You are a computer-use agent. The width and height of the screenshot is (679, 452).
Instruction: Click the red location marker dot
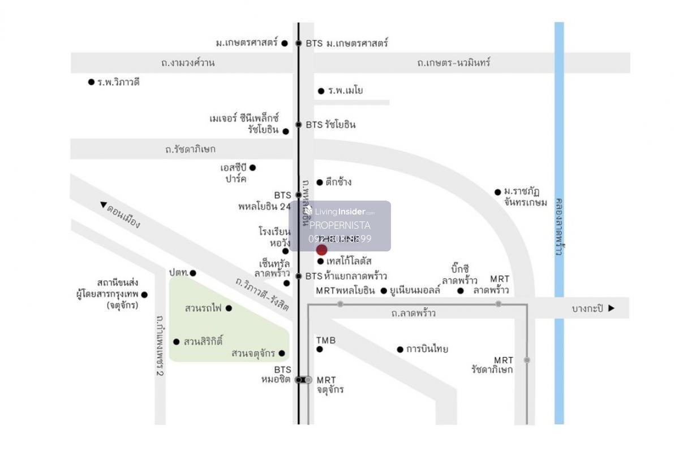[321, 250]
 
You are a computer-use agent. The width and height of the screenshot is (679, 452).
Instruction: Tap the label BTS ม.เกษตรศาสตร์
[347, 44]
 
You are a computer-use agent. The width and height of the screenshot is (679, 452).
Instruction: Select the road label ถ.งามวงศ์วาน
[188, 63]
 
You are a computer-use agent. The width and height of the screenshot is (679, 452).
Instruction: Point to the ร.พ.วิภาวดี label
[118, 82]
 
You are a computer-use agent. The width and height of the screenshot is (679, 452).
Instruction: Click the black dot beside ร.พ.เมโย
[321, 91]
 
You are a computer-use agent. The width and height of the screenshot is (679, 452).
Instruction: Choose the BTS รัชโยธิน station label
[330, 125]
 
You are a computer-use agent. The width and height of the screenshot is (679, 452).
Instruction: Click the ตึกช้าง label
[338, 182]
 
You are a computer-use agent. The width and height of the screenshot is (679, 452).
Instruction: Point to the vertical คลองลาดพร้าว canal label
[559, 226]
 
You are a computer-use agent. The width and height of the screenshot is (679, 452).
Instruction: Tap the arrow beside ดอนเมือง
[103, 205]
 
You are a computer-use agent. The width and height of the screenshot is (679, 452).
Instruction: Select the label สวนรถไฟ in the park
[203, 308]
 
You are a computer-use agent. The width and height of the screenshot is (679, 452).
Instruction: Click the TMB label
[326, 340]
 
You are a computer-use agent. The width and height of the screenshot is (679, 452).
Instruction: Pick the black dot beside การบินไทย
[400, 349]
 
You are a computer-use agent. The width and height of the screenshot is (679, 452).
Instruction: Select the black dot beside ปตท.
[193, 273]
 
